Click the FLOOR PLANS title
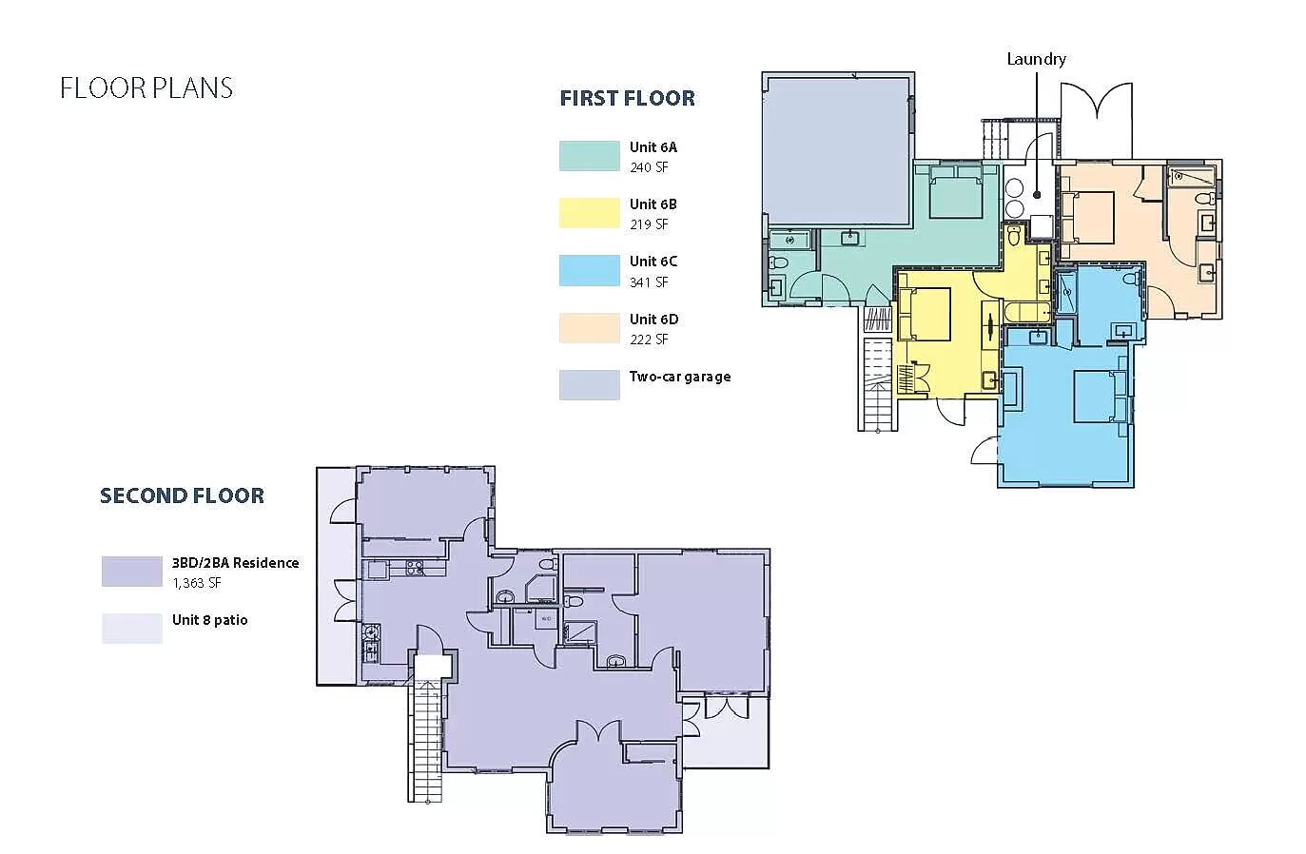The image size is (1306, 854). [146, 88]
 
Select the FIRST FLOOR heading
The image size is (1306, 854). [628, 98]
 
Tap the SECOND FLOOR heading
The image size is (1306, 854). [182, 495]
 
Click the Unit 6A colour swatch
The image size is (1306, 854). [590, 156]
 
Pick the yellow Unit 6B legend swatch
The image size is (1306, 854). [590, 213]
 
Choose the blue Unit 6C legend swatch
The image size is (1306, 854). [590, 270]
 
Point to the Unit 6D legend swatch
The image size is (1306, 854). [590, 327]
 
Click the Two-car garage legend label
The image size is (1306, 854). [680, 378]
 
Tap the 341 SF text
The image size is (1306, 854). [649, 282]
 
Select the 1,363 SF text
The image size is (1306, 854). [197, 583]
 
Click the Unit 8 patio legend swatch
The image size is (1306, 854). [132, 629]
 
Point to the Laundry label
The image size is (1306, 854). [1036, 60]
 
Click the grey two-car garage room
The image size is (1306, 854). [838, 151]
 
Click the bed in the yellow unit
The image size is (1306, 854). [925, 314]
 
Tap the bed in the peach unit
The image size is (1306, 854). [1088, 217]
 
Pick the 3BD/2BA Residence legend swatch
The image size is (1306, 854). [132, 572]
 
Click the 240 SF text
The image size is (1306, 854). [649, 167]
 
